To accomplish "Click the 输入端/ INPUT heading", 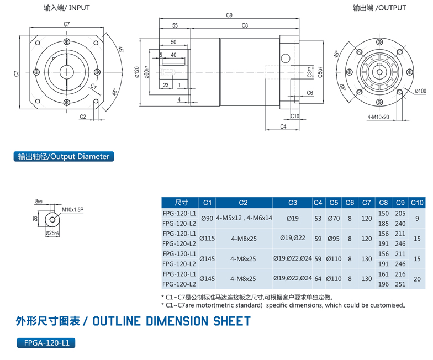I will pos(67,8).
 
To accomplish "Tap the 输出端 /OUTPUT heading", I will pos(379,8).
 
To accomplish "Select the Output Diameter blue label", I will pos(64,156).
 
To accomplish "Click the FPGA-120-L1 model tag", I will pos(46,343).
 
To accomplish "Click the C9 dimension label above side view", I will pos(229,15).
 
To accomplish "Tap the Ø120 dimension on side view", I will pos(135,72).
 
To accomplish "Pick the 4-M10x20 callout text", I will pos(378,117).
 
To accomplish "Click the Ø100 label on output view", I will pos(420,91).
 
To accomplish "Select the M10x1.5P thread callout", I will pos(72,210).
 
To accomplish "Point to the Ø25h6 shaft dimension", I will pos(52,234).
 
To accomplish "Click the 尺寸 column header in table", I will pos(181,203).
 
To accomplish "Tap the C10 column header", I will pos(417,203).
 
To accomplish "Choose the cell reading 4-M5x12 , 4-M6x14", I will pos(244,218).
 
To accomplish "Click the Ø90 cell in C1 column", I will pos(208,218).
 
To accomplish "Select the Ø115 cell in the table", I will pos(208,239).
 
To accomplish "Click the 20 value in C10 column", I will pos(417,279).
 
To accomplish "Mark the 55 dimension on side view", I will pos(175,25).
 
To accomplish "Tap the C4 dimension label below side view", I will pos(283,126).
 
